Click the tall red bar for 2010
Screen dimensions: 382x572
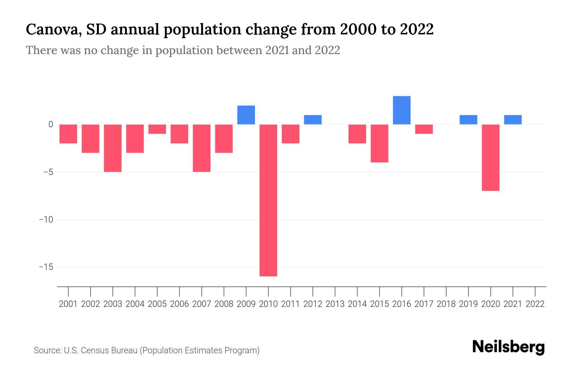268,200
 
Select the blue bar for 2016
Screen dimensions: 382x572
402,110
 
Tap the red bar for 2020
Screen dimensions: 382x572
491,157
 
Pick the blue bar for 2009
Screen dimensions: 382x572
246,115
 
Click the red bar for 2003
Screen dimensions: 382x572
113,148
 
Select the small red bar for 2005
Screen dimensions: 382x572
157,129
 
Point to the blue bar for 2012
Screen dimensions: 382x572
313,120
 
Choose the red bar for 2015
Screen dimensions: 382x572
379,143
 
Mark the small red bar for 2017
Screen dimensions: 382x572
424,129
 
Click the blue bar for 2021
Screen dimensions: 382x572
513,120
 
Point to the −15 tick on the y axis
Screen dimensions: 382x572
46,267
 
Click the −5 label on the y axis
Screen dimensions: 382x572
46,172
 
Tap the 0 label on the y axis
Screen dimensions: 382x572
51,124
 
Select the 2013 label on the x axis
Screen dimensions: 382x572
335,304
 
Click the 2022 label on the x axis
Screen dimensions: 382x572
535,304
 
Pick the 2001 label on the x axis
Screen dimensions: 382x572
68,304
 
